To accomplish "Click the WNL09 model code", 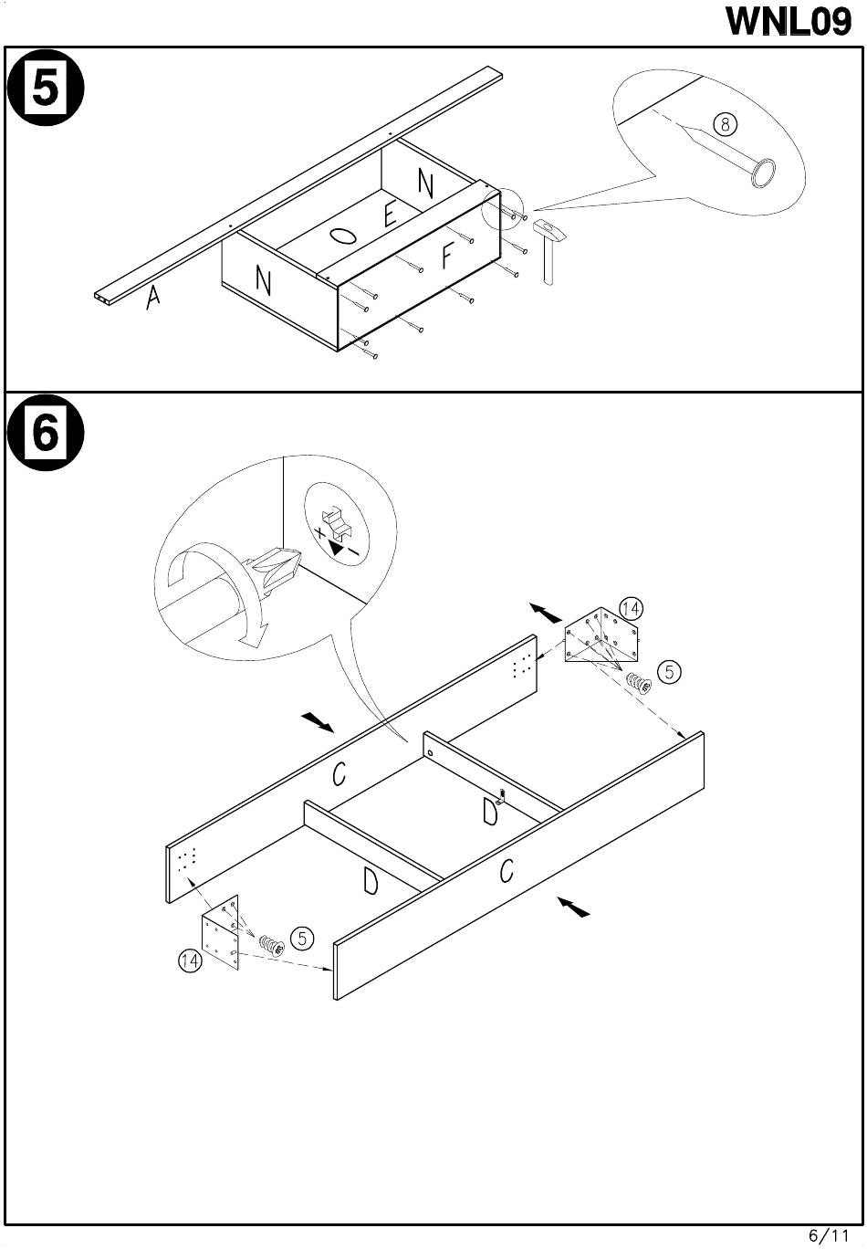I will (x=789, y=21).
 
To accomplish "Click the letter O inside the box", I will (x=342, y=236).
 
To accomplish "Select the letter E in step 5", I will (x=390, y=215).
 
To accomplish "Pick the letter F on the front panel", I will (x=447, y=257).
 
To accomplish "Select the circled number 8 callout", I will (x=725, y=124).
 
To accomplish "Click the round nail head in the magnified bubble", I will (x=764, y=172).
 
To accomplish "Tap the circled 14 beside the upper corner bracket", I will (x=631, y=608).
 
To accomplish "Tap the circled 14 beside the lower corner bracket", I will (x=190, y=960).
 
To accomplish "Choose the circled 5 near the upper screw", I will (x=669, y=672).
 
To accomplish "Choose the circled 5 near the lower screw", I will (x=302, y=938).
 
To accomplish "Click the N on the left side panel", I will (x=264, y=281).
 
